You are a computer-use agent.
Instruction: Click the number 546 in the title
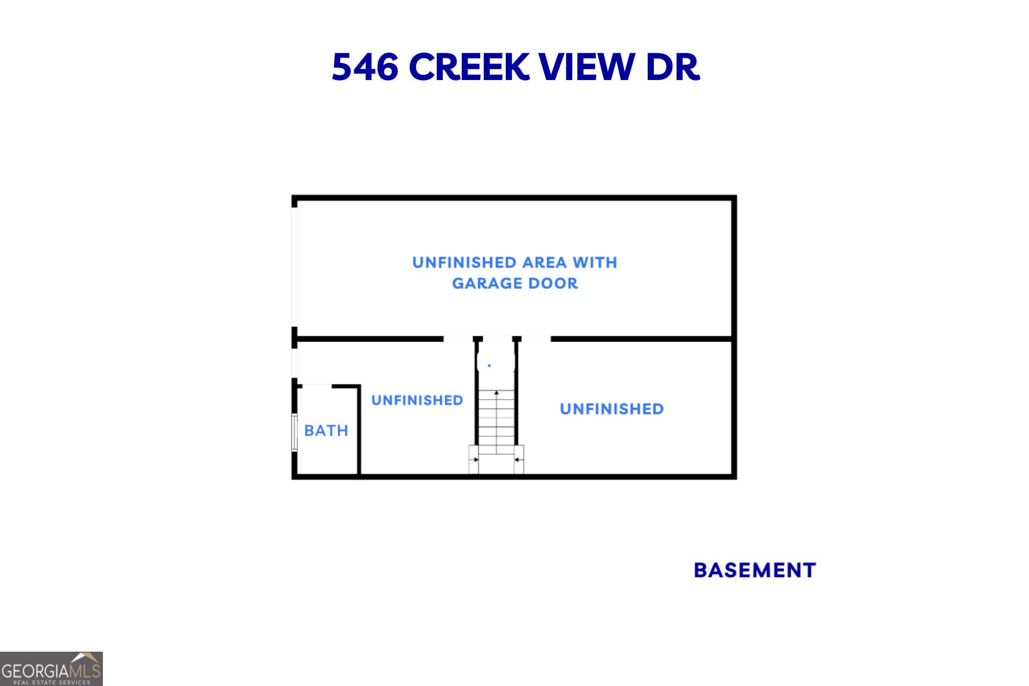coord(365,67)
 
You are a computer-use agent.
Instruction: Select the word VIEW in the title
coord(587,67)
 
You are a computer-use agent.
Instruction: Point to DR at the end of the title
coord(673,67)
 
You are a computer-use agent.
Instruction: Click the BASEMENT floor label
coord(755,570)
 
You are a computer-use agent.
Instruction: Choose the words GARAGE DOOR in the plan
coord(515,283)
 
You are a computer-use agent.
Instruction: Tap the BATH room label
coord(326,430)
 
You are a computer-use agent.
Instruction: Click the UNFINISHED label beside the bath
coord(417,400)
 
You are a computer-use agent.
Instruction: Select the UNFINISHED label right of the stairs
coord(612,409)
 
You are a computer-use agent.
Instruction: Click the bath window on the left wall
coord(294,432)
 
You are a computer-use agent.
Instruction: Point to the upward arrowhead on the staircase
coord(496,393)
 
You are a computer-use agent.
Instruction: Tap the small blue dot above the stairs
coord(489,365)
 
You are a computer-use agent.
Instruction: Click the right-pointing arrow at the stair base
coord(474,460)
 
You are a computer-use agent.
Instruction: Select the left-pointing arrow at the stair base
coord(517,460)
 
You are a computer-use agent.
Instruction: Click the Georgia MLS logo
coord(51,669)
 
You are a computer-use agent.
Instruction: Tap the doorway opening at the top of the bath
coord(317,386)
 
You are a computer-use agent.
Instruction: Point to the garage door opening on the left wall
coord(294,266)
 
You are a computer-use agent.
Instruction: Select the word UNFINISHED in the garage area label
coord(464,262)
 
